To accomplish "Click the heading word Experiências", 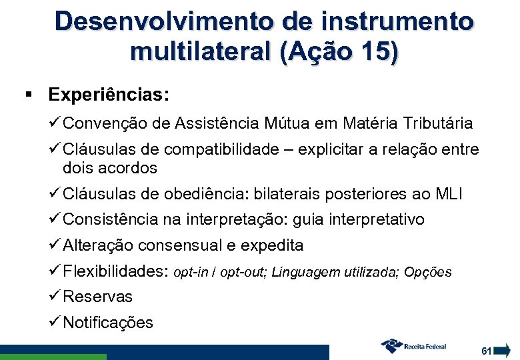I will click(x=109, y=94).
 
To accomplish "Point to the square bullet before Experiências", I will click(x=27, y=94).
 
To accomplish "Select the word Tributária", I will click(x=435, y=123).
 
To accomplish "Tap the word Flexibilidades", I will click(x=115, y=271).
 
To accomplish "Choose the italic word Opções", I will click(x=428, y=272).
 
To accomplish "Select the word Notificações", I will click(x=108, y=323).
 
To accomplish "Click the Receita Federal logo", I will click(x=413, y=346).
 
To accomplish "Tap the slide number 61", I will click(x=486, y=350).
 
